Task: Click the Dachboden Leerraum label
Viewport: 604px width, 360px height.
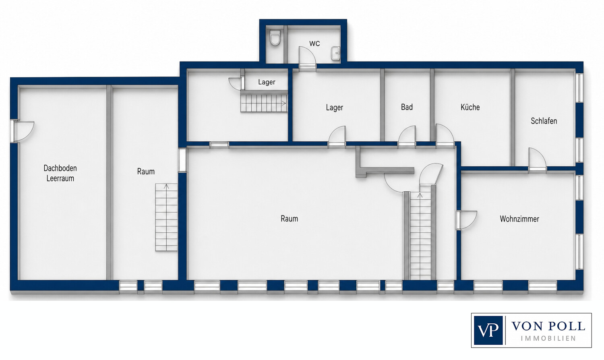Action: (x=60, y=173)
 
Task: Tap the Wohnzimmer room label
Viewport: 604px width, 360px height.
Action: (x=519, y=219)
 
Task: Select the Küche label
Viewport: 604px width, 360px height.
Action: (x=470, y=107)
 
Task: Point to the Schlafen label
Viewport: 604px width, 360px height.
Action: (x=544, y=121)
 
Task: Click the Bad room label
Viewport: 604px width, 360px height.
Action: (x=407, y=107)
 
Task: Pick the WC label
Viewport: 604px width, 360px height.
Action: (x=314, y=43)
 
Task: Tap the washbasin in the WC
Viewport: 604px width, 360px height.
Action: (x=335, y=54)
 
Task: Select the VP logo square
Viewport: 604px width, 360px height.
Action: (x=488, y=330)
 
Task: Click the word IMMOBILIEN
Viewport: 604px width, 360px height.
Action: (x=548, y=338)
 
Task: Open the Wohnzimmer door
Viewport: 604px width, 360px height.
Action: (x=466, y=220)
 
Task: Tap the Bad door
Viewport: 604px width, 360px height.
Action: (x=407, y=136)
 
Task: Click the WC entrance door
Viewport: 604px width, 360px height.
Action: (x=307, y=58)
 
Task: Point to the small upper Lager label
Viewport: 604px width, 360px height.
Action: (x=267, y=82)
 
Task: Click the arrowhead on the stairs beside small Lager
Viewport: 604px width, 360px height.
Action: (x=284, y=103)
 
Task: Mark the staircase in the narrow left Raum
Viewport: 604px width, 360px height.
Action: (x=166, y=217)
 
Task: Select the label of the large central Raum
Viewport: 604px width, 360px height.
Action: (x=290, y=218)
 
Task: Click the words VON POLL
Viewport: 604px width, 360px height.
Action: (x=548, y=326)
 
